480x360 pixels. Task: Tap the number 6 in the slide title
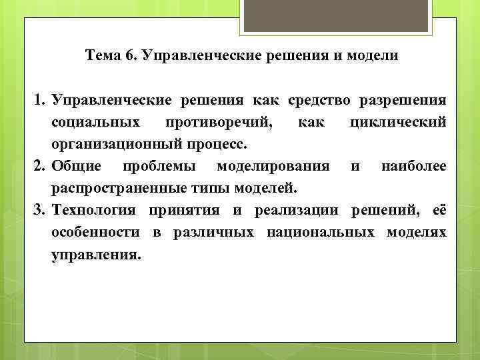tap(128, 55)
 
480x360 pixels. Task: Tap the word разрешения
tap(403, 101)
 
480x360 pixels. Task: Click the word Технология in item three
tap(93, 211)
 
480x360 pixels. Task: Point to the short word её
tap(439, 211)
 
